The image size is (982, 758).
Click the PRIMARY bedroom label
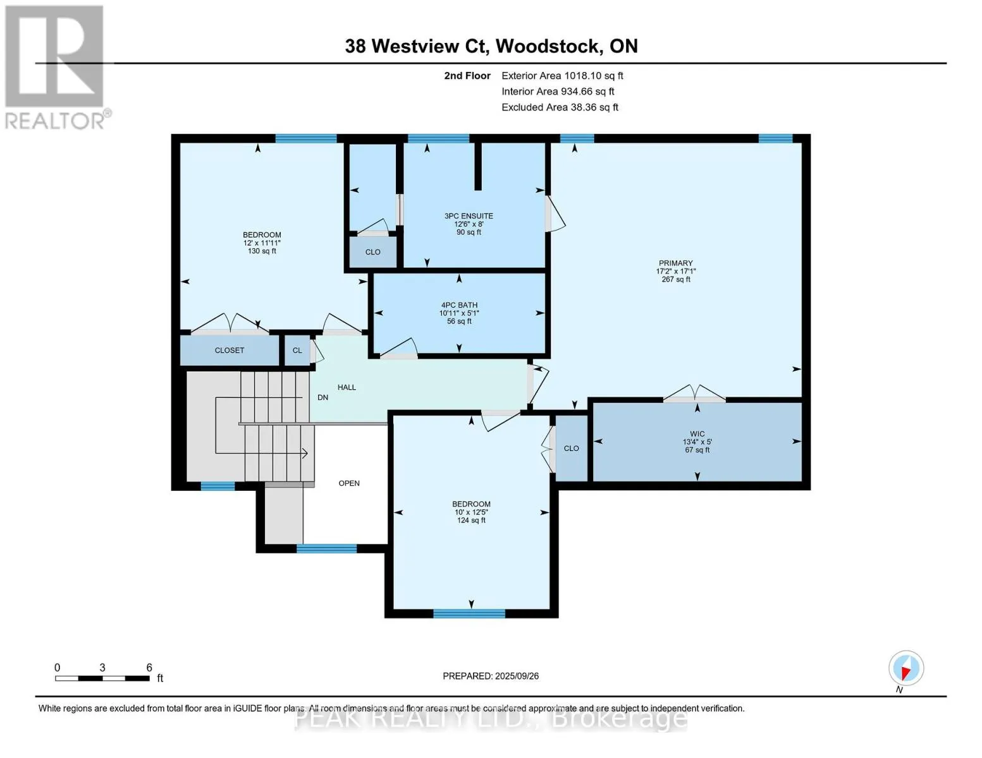click(675, 263)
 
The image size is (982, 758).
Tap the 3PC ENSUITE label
click(469, 216)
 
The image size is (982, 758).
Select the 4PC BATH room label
click(459, 305)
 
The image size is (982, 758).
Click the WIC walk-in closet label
click(697, 434)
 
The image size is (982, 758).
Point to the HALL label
click(347, 387)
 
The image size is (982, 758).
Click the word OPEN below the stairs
click(349, 483)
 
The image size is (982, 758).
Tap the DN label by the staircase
click(322, 397)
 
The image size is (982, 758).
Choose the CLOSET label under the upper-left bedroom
click(229, 350)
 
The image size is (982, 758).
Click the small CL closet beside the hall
click(297, 350)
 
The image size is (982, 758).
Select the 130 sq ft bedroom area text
click(262, 251)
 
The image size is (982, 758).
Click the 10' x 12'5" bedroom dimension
click(471, 512)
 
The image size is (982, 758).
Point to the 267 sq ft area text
click(675, 279)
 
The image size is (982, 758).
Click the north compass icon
click(906, 668)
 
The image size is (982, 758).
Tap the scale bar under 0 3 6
click(102, 678)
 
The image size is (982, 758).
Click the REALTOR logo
click(56, 66)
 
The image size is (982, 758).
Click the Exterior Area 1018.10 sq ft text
click(562, 76)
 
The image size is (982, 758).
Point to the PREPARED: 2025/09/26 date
click(491, 676)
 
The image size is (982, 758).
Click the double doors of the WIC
click(694, 395)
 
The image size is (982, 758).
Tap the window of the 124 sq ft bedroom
click(469, 613)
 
